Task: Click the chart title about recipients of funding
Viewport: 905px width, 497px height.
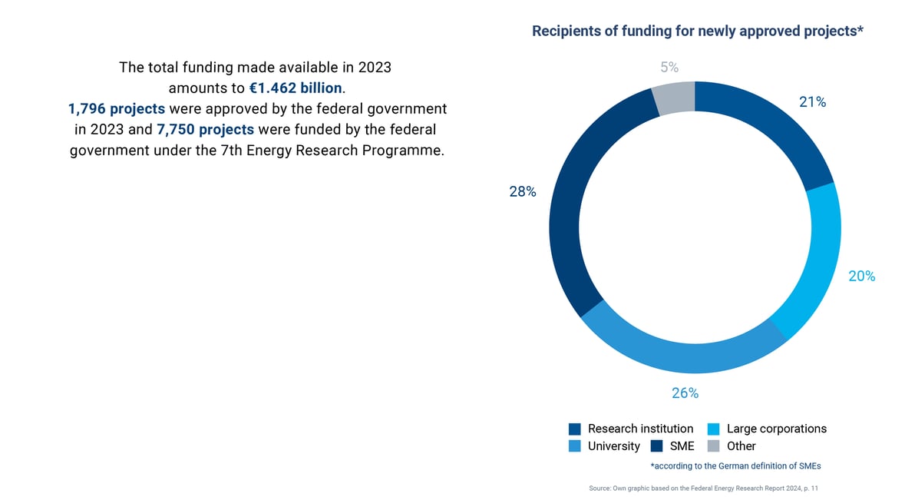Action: (698, 31)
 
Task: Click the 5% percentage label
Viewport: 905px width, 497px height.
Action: (669, 68)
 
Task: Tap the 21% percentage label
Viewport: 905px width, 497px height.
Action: (812, 102)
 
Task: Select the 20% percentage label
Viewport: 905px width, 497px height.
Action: (861, 277)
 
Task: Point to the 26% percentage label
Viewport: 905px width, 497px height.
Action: (685, 393)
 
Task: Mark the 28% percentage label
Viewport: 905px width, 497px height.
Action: (522, 192)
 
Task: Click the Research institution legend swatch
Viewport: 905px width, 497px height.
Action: (575, 429)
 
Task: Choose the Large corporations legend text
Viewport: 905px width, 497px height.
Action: (776, 429)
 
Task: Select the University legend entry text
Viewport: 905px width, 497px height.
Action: (613, 446)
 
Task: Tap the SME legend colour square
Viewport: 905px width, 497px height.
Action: (656, 446)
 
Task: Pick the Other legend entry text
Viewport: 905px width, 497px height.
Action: (741, 446)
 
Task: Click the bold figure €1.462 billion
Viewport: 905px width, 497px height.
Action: (296, 88)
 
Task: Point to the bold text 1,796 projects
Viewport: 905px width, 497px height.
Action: (117, 109)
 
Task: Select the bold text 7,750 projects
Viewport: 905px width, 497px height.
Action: (205, 130)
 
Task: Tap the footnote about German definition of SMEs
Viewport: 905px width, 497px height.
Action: (735, 466)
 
